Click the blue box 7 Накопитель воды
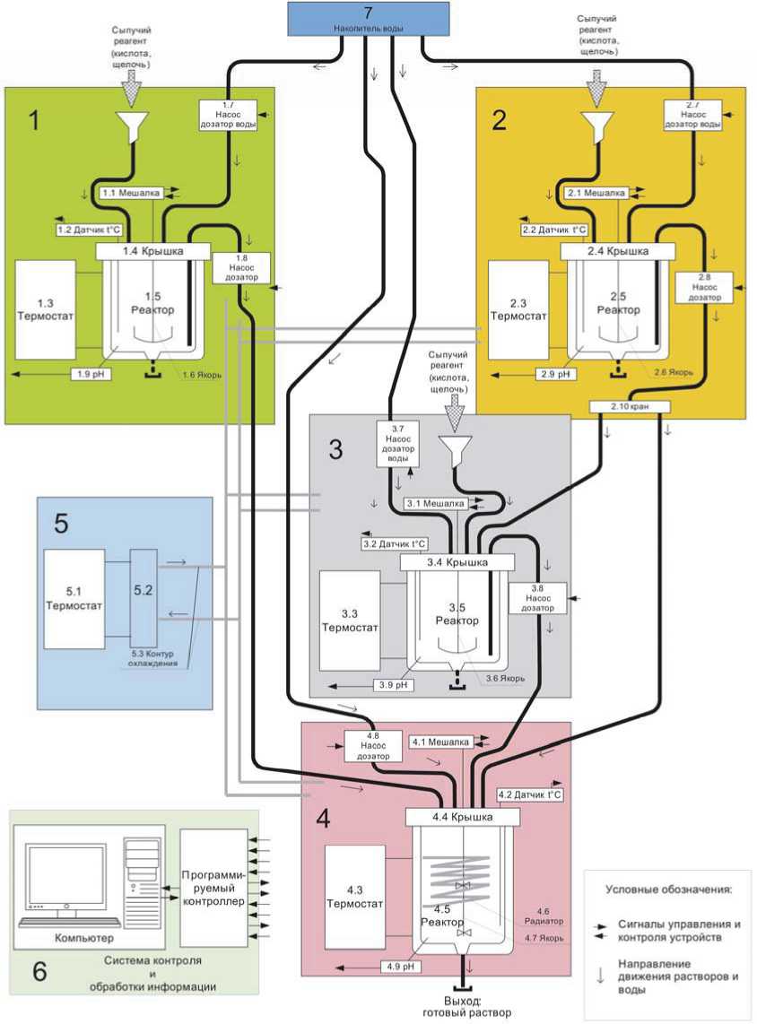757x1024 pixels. coord(368,18)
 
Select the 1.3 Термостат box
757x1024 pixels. coord(45,309)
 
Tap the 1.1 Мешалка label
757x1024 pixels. coord(135,193)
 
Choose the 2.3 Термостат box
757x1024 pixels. coord(518,309)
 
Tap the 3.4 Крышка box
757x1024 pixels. coord(457,562)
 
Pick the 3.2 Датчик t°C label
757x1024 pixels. coord(394,543)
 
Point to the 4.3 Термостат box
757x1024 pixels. coord(355,897)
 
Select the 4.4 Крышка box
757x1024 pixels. coord(463,817)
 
